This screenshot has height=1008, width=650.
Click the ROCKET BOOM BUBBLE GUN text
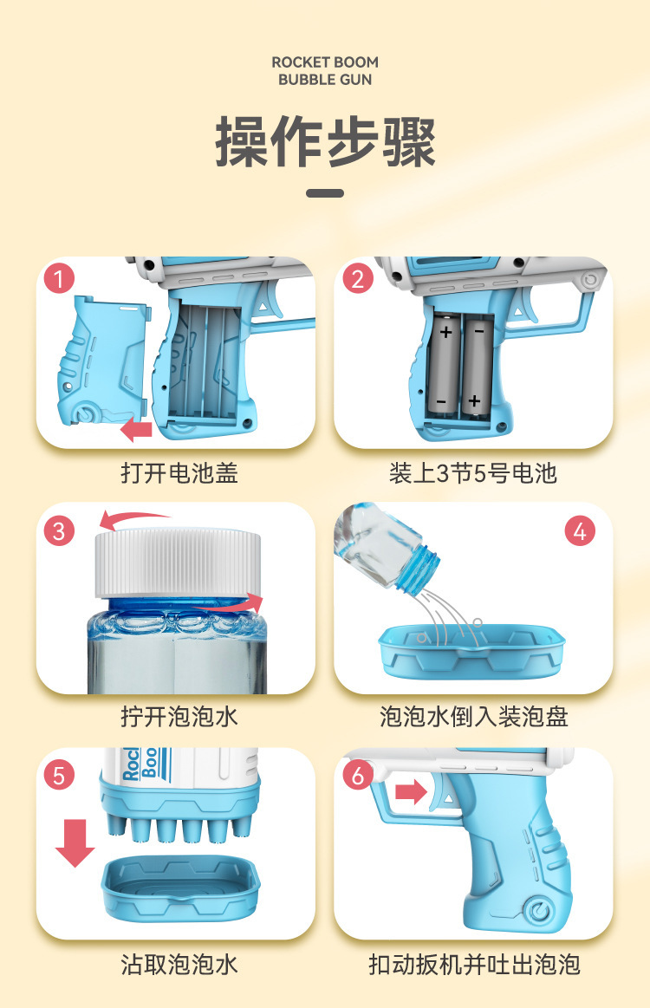click(x=325, y=70)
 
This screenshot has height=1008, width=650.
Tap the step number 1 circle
click(x=59, y=280)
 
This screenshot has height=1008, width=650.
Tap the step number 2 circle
click(x=358, y=280)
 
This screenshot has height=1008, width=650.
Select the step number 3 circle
click(x=59, y=530)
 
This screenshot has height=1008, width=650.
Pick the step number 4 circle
click(x=580, y=530)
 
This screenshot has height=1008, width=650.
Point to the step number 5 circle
click(x=59, y=776)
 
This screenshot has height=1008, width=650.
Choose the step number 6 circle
click(x=358, y=776)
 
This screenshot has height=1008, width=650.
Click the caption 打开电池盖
click(x=179, y=473)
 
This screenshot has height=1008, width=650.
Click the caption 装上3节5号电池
click(x=472, y=473)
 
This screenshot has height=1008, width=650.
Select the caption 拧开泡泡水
click(x=179, y=718)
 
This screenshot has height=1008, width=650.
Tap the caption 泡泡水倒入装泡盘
click(x=473, y=718)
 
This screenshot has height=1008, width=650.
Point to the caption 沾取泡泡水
click(x=179, y=964)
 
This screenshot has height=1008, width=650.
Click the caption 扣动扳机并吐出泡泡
click(x=473, y=964)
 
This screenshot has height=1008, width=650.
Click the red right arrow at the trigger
click(x=411, y=791)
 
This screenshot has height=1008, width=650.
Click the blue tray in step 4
click(x=471, y=650)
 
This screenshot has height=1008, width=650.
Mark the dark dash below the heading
click(x=325, y=193)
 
